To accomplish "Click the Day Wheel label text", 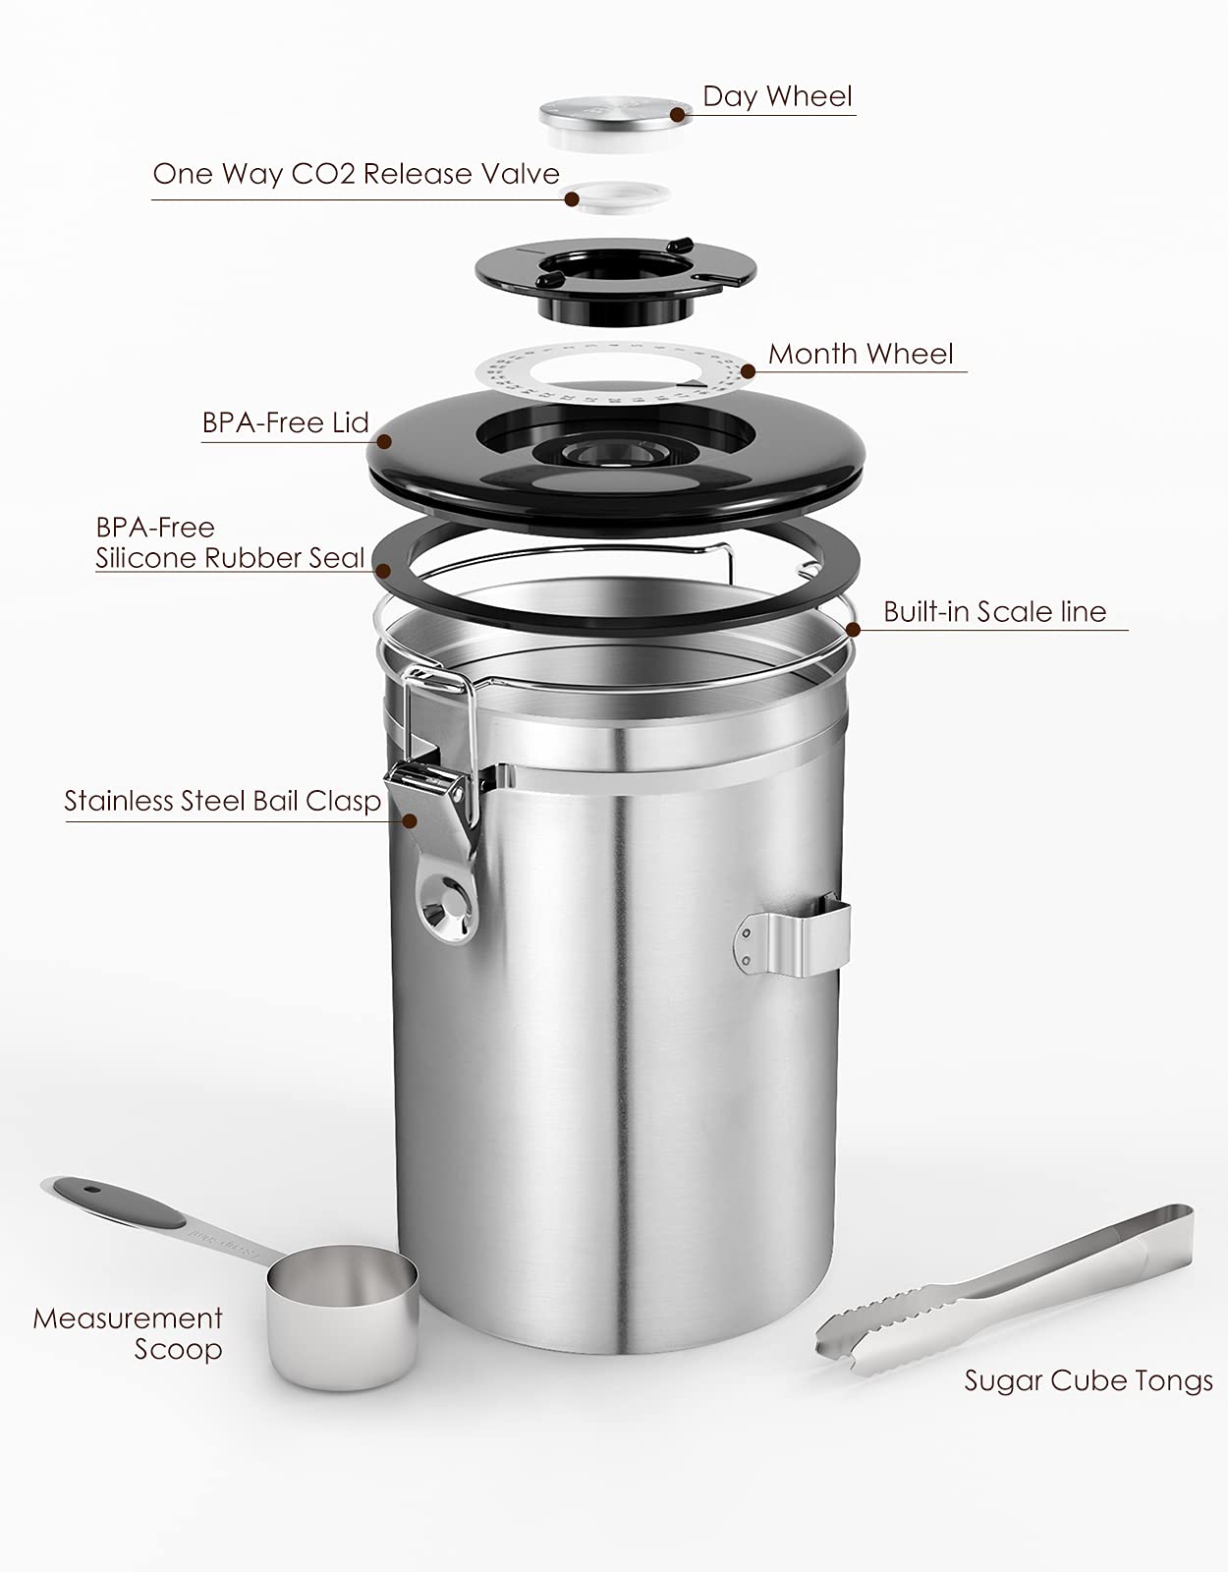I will (777, 96).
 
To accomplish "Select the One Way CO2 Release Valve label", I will (356, 174).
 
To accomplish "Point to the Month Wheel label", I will (861, 354).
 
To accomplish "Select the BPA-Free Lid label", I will (285, 422).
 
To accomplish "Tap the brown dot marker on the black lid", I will (384, 441).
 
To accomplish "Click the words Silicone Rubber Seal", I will (230, 558).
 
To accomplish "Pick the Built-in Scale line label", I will (994, 612).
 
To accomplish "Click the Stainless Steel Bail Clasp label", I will (222, 801).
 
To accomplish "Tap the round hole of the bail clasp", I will (447, 905).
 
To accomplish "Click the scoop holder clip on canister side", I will (796, 940).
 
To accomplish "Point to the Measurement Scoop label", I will (128, 1333).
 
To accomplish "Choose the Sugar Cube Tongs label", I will (1088, 1380).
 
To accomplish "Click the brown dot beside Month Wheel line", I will (749, 371).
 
